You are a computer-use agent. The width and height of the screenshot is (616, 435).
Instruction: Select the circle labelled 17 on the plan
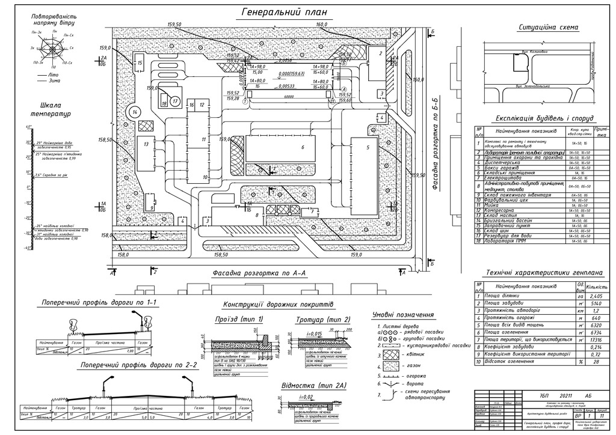pos(175,102)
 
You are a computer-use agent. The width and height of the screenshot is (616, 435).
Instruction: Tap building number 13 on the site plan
pos(146,145)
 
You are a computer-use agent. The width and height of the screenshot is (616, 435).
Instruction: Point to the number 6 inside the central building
pos(303,147)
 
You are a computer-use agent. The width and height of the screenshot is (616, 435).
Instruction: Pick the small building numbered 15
pos(139,62)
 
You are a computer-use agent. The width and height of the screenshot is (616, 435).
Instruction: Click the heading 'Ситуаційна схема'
pos(548,28)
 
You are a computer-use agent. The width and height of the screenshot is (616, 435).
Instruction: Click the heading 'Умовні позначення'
pos(403,315)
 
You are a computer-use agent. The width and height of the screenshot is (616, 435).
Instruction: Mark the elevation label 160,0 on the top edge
pos(322,25)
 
